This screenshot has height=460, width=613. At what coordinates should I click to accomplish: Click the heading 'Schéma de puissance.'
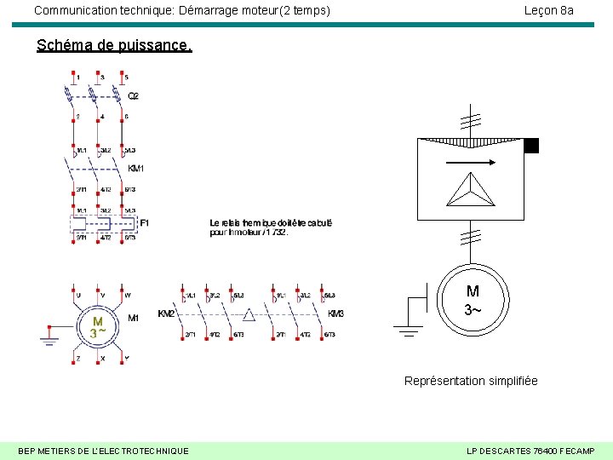tap(114, 45)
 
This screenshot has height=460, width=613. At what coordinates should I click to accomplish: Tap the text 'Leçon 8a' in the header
tap(548, 10)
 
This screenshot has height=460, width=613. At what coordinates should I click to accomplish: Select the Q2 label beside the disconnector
tap(134, 95)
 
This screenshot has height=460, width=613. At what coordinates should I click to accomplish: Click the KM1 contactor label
tap(136, 168)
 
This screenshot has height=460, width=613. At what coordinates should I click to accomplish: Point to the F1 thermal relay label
tap(144, 222)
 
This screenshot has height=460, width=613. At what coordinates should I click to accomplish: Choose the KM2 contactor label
tap(167, 313)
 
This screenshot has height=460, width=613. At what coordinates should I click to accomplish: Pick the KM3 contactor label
tap(336, 313)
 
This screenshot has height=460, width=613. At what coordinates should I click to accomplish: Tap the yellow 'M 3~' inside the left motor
tap(98, 327)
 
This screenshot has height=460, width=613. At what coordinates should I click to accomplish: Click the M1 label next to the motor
tap(133, 318)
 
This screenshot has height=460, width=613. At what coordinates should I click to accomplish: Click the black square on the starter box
tap(531, 146)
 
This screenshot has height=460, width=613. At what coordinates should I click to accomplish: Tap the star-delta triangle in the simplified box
tap(471, 189)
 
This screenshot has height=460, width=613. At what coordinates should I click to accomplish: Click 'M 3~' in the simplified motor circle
tap(472, 300)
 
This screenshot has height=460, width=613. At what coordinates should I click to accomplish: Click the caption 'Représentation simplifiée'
tap(471, 381)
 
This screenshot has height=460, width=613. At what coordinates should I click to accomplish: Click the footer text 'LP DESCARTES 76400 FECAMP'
tap(531, 450)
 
